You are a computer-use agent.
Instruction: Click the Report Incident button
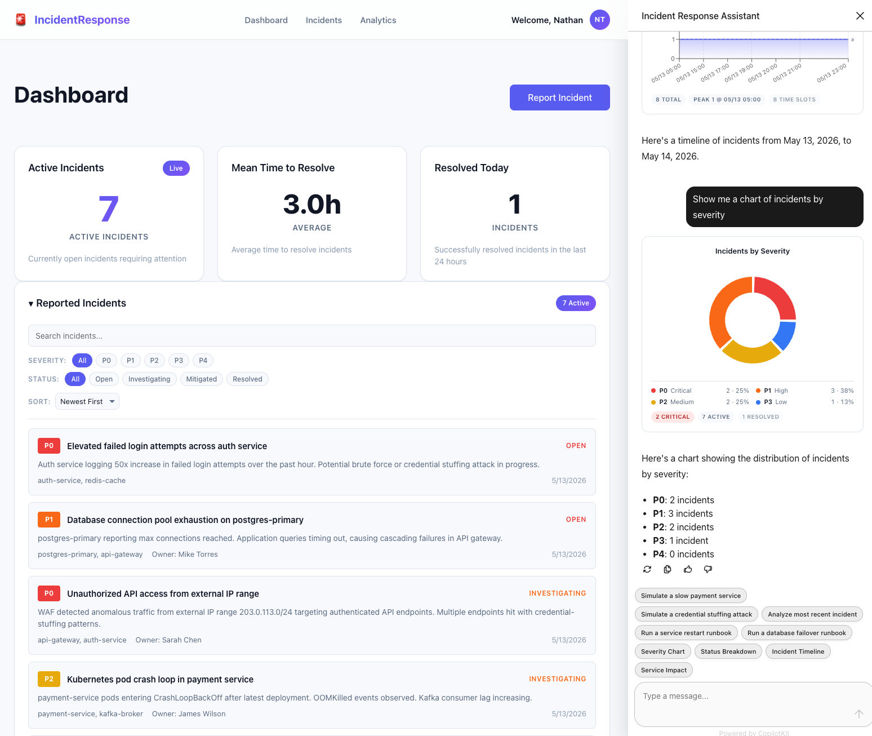click(x=559, y=97)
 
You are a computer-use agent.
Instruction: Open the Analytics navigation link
click(x=378, y=20)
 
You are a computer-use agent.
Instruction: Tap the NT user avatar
click(x=599, y=20)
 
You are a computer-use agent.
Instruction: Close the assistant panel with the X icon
click(x=860, y=16)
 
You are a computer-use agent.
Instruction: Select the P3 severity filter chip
click(x=179, y=360)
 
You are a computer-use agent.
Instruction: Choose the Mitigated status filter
click(x=201, y=379)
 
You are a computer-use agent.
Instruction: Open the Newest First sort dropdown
click(x=87, y=401)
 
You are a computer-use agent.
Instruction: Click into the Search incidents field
click(x=312, y=336)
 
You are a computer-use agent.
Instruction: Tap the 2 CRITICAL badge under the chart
click(x=672, y=416)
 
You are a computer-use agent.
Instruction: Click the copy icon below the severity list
click(x=667, y=569)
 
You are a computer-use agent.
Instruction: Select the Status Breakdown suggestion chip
click(x=728, y=651)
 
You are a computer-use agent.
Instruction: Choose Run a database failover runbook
click(x=796, y=633)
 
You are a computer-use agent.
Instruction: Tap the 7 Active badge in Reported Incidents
click(x=576, y=303)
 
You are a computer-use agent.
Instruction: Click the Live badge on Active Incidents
click(x=176, y=168)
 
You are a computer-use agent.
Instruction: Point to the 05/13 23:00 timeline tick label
click(x=831, y=73)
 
